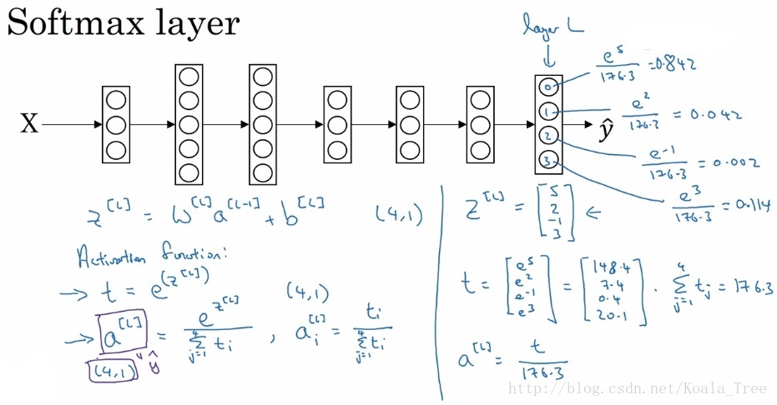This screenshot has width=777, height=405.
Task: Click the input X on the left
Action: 29,125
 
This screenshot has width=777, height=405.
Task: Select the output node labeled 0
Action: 547,87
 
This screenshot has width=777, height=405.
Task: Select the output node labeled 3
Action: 547,160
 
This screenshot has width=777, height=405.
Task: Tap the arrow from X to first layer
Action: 70,125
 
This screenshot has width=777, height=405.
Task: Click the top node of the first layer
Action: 116,98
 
